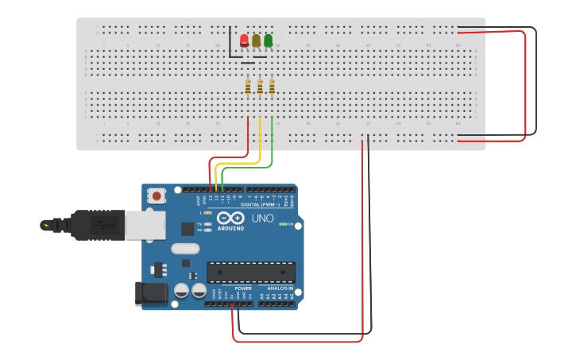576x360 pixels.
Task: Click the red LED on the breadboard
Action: click(244, 40)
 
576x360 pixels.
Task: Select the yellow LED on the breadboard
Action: click(256, 40)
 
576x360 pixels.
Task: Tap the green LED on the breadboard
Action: click(269, 40)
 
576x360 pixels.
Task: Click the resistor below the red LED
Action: click(248, 87)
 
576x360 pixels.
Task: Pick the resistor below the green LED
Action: click(272, 87)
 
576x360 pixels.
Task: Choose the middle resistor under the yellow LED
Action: click(260, 87)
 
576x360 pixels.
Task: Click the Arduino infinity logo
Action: click(230, 218)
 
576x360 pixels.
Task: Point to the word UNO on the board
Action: click(262, 218)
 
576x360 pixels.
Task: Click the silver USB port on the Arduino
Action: click(145, 225)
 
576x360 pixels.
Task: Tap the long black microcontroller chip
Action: click(250, 273)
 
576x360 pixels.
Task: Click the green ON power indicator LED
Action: click(282, 224)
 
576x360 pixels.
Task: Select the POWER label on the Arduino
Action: click(232, 288)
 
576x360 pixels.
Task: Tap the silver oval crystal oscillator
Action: click(184, 248)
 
